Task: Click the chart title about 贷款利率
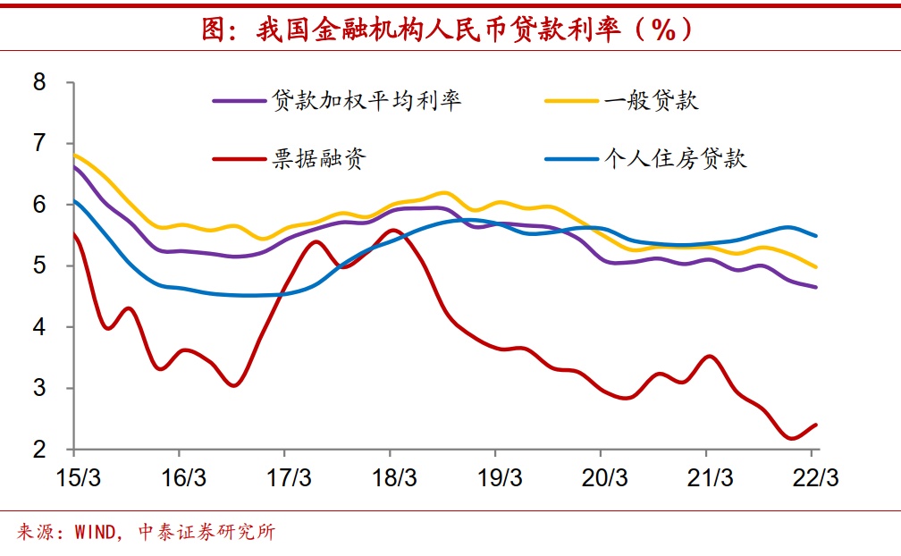[x=448, y=29]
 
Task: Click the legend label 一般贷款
[x=651, y=100]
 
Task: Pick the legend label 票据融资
[x=319, y=160]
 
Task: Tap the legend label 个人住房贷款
[x=675, y=160]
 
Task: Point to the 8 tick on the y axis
[x=38, y=82]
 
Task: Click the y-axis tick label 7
[x=38, y=143]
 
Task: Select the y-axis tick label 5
[x=38, y=265]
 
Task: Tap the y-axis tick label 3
[x=38, y=388]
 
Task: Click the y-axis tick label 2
[x=38, y=449]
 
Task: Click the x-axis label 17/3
[x=284, y=477]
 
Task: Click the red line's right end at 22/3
[x=816, y=425]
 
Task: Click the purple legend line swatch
[x=239, y=100]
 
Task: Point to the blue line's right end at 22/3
[x=816, y=236]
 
